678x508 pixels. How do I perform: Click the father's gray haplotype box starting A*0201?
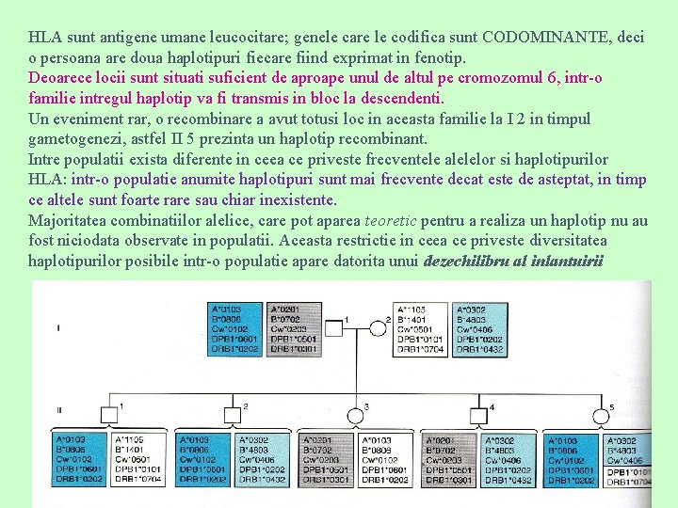coord(296,329)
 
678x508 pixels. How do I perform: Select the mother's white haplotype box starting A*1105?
coord(420,329)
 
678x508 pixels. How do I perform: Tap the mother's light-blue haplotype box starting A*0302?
coord(479,329)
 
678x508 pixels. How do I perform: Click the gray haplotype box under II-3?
coord(326,460)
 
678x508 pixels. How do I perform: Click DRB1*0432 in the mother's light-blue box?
coord(479,349)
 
